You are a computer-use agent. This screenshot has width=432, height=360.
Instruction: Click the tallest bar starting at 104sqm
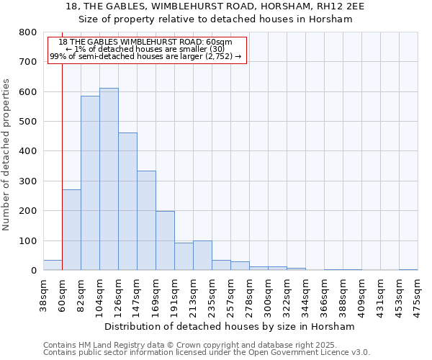click(109, 179)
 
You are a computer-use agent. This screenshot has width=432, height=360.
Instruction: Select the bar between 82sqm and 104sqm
click(90, 183)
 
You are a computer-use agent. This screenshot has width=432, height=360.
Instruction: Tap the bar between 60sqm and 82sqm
click(71, 230)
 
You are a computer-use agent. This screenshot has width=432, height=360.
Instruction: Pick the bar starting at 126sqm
click(127, 202)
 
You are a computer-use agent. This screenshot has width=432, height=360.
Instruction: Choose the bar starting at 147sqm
click(146, 220)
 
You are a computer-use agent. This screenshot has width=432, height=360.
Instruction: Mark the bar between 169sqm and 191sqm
click(165, 240)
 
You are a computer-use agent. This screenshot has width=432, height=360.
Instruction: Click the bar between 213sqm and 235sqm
click(202, 256)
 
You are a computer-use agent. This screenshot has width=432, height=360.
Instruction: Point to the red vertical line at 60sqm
click(63, 144)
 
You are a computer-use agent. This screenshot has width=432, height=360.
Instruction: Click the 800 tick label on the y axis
click(28, 32)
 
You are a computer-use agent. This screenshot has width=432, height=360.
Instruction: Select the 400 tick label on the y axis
click(28, 151)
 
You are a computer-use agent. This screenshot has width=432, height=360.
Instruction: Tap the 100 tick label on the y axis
click(28, 240)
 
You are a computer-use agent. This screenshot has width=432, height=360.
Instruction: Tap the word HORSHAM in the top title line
click(279, 6)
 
